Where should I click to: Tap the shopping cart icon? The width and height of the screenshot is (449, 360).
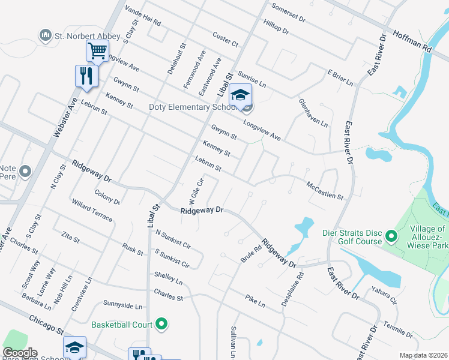point(97,50)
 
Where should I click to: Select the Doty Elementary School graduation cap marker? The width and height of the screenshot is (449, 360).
point(240,96)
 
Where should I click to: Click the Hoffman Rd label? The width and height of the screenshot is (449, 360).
point(413,40)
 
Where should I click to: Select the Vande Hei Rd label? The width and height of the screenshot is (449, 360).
point(142,15)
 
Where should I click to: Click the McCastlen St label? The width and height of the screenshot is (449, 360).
point(325,191)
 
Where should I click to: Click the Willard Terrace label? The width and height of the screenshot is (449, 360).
point(92,211)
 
